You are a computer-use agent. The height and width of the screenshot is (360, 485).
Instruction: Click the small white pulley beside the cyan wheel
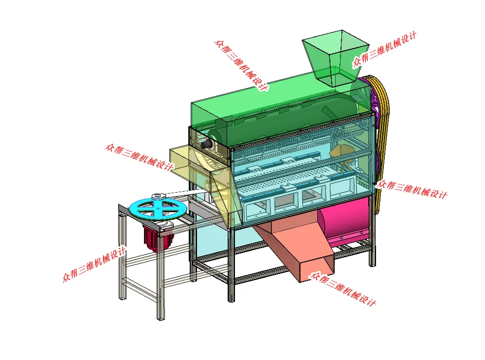[158, 197]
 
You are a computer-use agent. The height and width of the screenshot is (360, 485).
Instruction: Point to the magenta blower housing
[345, 221]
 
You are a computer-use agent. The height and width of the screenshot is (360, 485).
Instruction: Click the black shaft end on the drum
[206, 144]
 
